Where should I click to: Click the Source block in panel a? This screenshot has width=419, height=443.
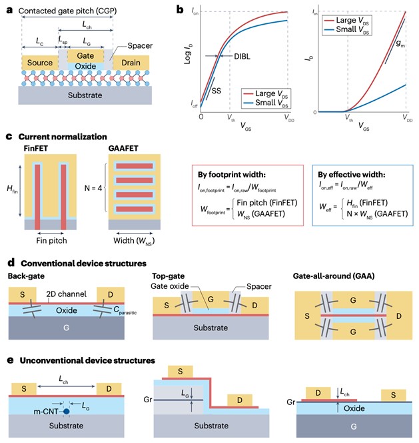point(39,63)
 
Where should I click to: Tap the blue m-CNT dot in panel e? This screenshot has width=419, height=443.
point(67,412)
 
